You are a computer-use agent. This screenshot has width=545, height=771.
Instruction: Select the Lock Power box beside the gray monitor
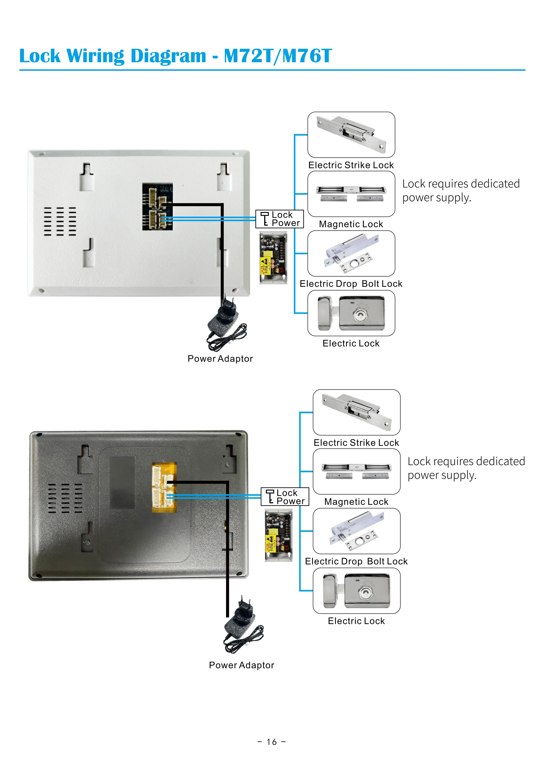coord(285,497)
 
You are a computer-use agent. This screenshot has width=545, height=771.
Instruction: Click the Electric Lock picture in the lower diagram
coord(356,591)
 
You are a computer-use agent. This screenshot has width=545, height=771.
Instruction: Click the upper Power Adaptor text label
coord(220,359)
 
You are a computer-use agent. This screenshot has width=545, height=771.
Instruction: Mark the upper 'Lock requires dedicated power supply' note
coord(461,190)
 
